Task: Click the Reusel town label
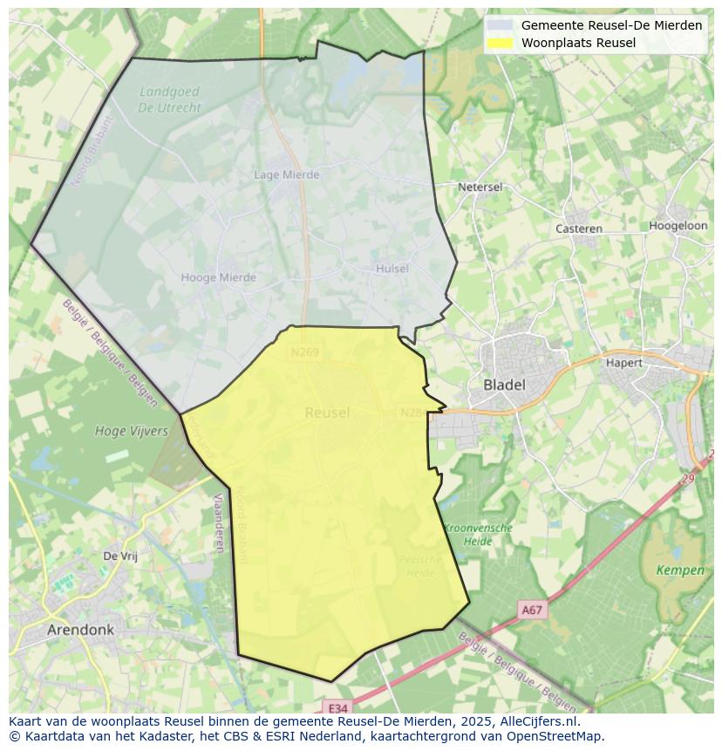[327, 413]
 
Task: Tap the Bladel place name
[504, 385]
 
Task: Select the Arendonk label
[81, 629]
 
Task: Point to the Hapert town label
[623, 363]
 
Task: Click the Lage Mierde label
[286, 174]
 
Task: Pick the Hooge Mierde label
[218, 277]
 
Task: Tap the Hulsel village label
[392, 269]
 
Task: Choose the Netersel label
[480, 187]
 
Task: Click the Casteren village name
[579, 229]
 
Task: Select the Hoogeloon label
[678, 225]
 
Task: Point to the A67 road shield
[532, 611]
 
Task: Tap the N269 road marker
[304, 352]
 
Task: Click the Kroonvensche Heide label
[478, 534]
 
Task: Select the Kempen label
[680, 570]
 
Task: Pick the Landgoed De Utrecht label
[169, 99]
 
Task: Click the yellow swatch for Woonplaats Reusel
[500, 43]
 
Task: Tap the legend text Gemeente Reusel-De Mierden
[611, 25]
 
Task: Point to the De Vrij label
[120, 556]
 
